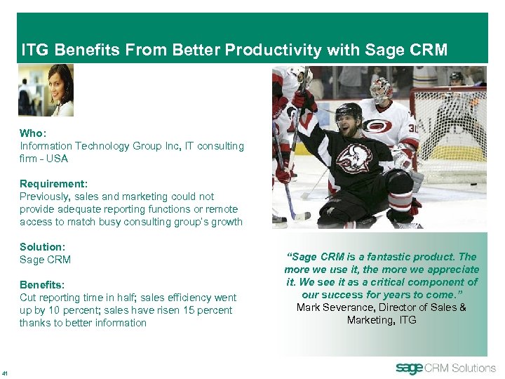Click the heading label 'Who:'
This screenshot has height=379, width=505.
tap(32, 133)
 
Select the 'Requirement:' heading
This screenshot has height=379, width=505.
tap(53, 184)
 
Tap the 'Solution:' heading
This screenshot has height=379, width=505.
tap(42, 247)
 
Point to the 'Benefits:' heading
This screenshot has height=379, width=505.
tap(42, 285)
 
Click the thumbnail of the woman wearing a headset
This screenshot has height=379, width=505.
tap(46, 90)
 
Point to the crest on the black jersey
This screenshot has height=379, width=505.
tap(353, 158)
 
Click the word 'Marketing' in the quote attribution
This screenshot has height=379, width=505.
tap(371, 320)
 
